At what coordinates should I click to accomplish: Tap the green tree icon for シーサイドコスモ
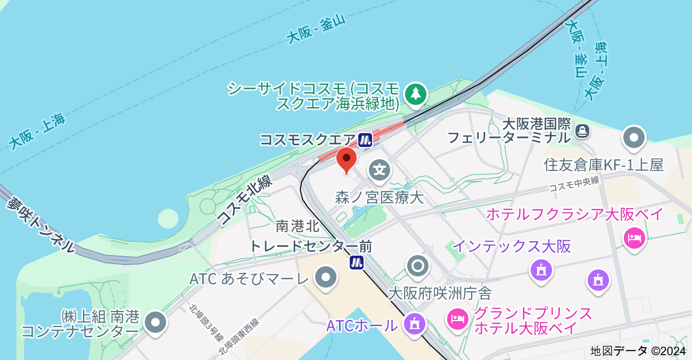coord(416,94)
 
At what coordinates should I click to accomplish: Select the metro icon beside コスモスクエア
coord(365,140)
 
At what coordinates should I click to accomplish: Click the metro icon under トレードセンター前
coord(357,262)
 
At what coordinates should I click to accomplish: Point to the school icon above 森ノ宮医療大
coord(380,170)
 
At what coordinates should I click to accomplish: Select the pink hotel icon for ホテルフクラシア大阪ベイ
coord(634,238)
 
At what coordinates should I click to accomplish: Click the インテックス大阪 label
coord(512,247)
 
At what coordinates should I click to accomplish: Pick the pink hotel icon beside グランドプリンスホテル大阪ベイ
coord(457,318)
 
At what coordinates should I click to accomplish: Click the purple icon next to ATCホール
coord(414,323)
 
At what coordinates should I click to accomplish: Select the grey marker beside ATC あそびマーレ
coord(325,277)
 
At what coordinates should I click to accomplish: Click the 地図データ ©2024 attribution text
coord(639,351)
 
